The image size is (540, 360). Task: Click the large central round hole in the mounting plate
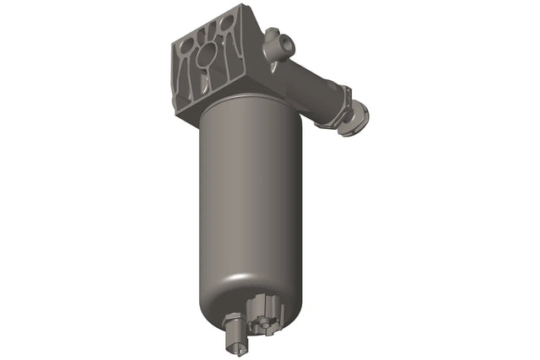(x=205, y=59)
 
